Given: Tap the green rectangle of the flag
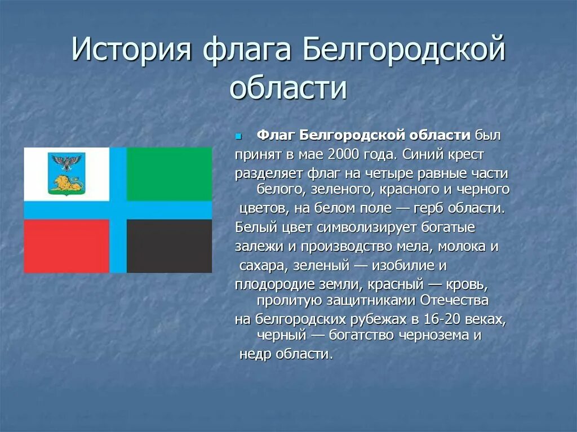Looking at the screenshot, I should click(169, 174).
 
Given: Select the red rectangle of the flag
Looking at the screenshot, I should click(66, 246).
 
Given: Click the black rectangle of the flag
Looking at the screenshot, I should click(169, 246).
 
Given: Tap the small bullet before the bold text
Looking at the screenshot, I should click(238, 136).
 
